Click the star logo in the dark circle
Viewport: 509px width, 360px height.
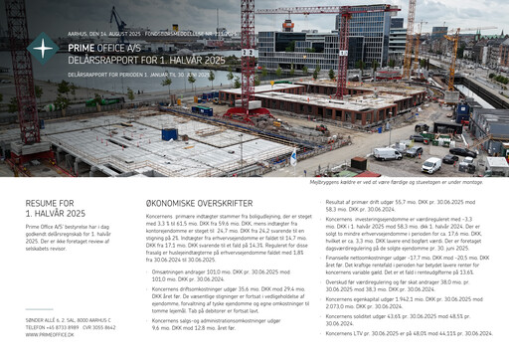point(42,47)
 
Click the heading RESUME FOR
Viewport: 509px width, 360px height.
point(49,203)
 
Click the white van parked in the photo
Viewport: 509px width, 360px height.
point(431,164)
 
